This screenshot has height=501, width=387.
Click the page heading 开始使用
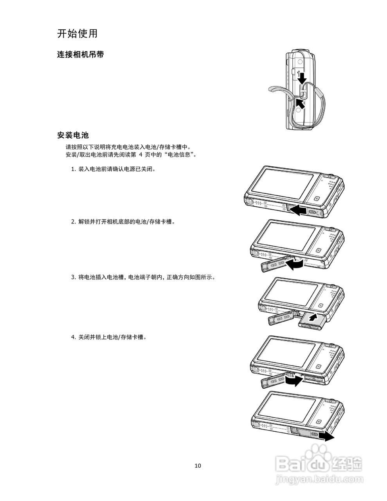(77, 34)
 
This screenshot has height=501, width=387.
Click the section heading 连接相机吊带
(80, 55)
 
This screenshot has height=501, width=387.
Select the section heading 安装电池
(73, 135)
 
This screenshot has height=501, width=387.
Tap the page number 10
(198, 465)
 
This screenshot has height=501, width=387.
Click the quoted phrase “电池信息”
(180, 155)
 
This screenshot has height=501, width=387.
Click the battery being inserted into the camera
(312, 320)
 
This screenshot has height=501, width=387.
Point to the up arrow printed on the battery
(312, 317)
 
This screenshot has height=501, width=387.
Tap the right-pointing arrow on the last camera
(326, 436)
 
